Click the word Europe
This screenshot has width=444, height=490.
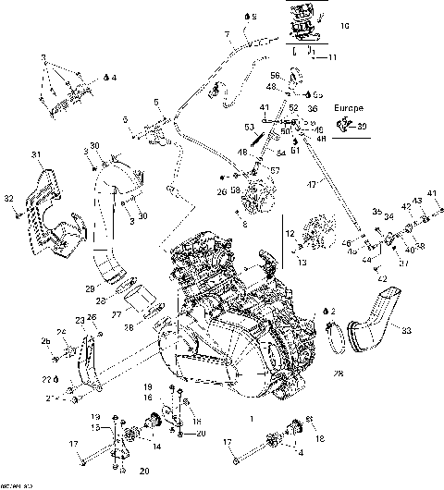coord(350,108)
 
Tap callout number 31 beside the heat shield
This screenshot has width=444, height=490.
coord(36,153)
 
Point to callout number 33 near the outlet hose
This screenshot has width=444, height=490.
coord(407,327)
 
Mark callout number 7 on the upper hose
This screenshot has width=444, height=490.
coord(227,35)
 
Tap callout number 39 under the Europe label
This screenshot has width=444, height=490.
coord(362,127)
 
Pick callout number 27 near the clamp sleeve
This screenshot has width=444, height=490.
coord(117,312)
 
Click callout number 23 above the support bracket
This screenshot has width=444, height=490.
coord(80,320)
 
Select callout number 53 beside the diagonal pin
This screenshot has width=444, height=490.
coord(248,127)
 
